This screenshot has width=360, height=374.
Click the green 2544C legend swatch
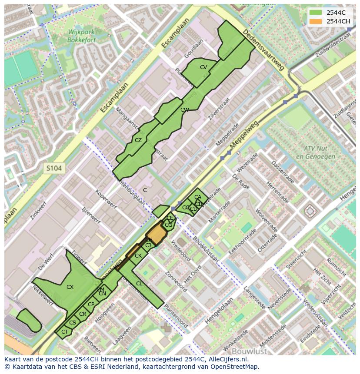[316, 13]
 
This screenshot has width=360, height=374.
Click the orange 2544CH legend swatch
[316, 21]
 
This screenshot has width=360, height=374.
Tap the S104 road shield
[55, 168]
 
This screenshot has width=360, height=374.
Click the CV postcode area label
[203, 67]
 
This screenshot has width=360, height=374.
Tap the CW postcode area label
[184, 110]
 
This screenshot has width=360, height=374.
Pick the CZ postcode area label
[138, 140]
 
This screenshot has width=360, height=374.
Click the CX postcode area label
[70, 287]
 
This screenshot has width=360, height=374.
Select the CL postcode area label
[139, 284]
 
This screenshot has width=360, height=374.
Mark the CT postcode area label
[64, 332]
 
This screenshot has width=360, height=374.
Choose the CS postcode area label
[73, 323]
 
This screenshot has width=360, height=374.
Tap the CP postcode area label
[91, 304]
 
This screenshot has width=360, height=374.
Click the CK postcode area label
[138, 256]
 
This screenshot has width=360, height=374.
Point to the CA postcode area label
[198, 197]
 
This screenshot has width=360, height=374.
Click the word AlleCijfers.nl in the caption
[226, 359]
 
